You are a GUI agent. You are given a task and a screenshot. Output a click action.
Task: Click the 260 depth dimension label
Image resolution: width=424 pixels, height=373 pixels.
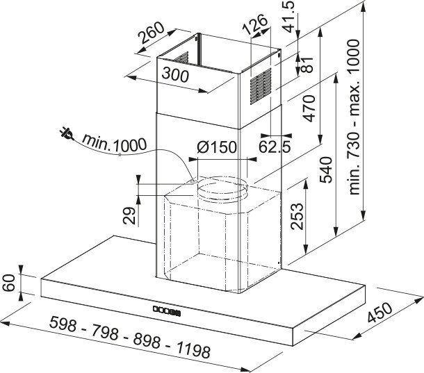(151, 33)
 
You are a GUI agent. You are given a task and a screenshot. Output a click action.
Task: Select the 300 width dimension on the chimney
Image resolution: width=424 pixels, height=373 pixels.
(175, 75)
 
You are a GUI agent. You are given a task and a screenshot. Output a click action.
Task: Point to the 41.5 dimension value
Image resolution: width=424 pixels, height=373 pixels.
(289, 17)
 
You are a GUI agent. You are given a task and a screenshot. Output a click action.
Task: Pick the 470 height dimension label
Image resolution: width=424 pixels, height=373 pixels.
(309, 108)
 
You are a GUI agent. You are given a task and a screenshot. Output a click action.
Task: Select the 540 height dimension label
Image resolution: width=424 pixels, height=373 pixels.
(325, 169)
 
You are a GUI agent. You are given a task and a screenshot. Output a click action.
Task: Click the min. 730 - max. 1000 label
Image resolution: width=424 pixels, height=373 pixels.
(354, 117)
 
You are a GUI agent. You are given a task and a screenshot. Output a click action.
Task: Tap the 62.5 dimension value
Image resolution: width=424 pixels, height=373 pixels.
(275, 147)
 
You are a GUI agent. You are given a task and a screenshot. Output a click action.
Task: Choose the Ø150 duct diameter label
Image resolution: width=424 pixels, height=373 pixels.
(217, 147)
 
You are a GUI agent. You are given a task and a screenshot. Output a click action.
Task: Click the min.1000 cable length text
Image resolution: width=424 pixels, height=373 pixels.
(114, 144)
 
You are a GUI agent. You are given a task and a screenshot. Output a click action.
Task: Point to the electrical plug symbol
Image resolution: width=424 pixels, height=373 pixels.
(66, 134)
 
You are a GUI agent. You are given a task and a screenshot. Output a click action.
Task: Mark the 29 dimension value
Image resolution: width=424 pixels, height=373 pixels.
(129, 215)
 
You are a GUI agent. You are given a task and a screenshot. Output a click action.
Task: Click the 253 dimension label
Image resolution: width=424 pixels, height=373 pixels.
(297, 216)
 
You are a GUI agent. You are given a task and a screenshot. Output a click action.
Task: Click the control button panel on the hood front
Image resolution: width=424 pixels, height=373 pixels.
(166, 310)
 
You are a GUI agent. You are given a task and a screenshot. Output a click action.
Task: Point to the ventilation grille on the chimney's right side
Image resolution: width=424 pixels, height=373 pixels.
(261, 86)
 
